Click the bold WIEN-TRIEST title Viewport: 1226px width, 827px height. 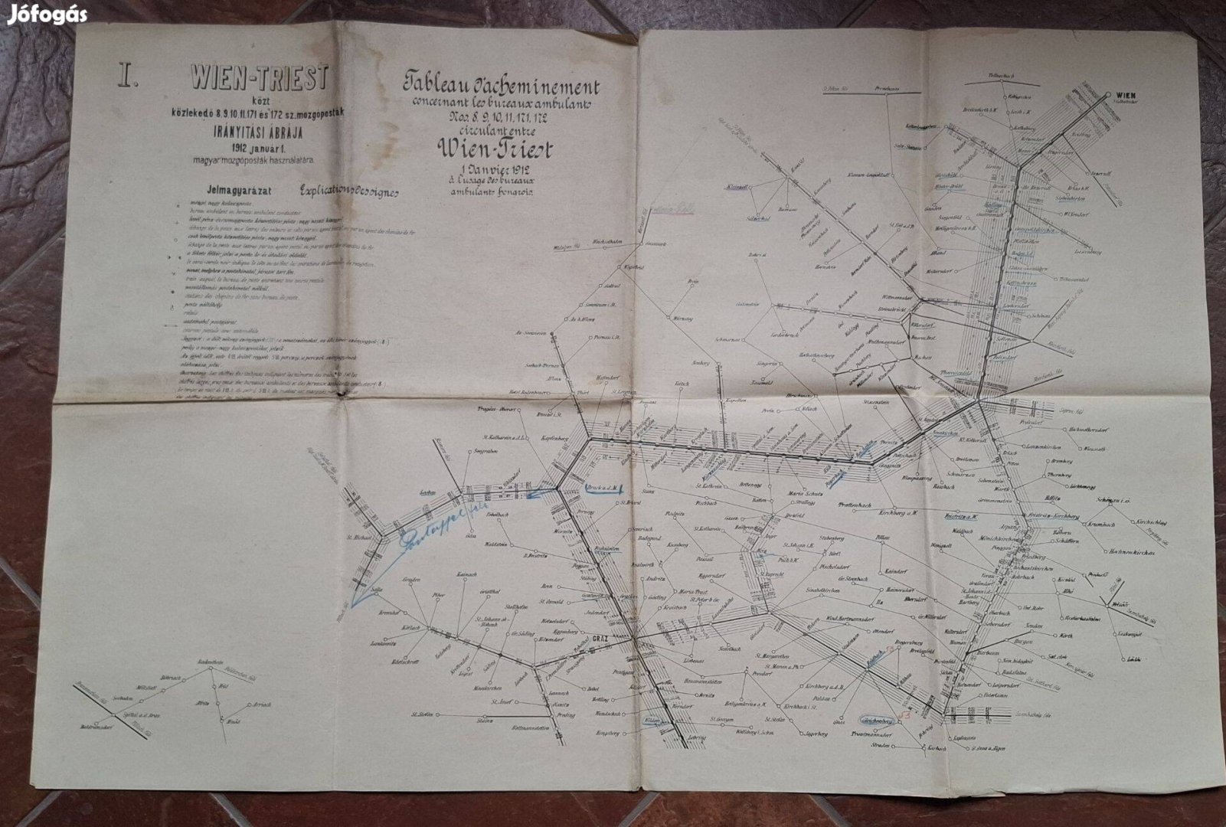(x=260, y=77)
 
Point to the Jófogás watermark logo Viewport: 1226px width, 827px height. (x=47, y=15)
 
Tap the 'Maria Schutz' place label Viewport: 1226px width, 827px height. (x=805, y=494)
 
